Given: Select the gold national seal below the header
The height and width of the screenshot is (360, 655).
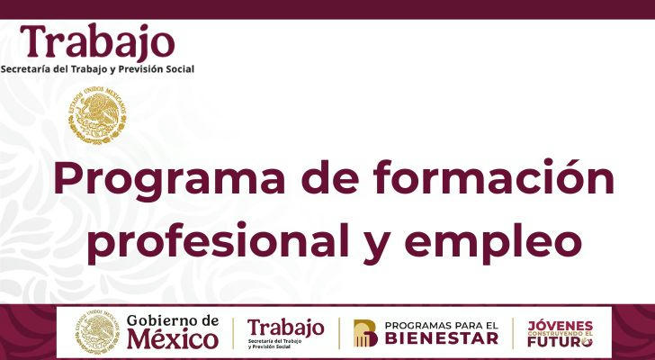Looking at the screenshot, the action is pos(97,116).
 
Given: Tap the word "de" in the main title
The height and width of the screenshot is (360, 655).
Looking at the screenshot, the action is pos(329,176).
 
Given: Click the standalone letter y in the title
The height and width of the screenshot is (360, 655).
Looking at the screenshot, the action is pos(377,248).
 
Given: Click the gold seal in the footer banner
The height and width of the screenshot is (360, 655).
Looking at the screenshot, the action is pos(97,332).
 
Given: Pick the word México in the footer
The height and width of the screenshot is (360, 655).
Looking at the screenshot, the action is pos(173,339).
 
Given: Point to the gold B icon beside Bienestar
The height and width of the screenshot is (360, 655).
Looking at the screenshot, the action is pos(365,333).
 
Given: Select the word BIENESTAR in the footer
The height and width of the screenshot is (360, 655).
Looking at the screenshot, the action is pos(442,337).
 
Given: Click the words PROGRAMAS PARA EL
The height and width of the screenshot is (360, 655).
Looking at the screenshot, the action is pos(442,325).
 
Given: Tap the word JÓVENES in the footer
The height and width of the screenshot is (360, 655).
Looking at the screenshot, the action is pos(561,325).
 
